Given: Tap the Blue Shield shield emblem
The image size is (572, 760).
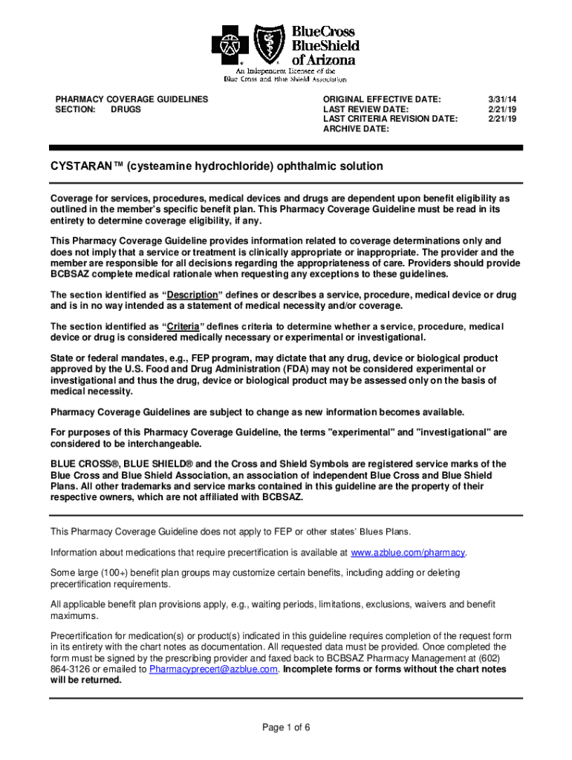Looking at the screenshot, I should [x=269, y=45].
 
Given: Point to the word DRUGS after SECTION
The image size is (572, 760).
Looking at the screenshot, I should [x=126, y=109].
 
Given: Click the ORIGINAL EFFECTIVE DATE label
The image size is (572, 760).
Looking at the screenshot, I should [x=382, y=99].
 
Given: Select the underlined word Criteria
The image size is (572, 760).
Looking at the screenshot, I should [x=183, y=327].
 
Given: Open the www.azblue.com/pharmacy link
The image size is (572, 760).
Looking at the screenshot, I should [x=408, y=553].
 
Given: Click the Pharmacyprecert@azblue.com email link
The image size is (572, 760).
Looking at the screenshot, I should [x=213, y=669].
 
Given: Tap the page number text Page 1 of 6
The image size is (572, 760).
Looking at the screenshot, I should [x=286, y=727].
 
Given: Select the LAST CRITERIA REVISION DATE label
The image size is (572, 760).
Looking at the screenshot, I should [x=390, y=119].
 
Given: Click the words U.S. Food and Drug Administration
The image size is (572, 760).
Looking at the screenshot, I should [x=188, y=369].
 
